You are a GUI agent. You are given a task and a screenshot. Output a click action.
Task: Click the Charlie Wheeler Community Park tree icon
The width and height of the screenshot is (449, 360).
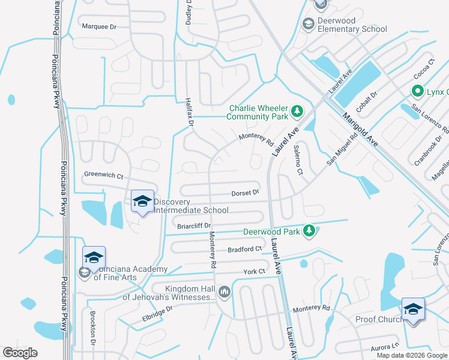pyautogui.click(x=296, y=111)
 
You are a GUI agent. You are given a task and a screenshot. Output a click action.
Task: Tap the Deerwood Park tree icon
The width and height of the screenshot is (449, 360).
pyautogui.click(x=309, y=231)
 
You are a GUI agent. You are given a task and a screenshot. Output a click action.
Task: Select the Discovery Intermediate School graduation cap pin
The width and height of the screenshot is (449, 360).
pyautogui.click(x=142, y=202)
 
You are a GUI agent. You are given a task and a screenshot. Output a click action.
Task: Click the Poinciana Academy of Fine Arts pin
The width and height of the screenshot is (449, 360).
pyautogui.click(x=94, y=258)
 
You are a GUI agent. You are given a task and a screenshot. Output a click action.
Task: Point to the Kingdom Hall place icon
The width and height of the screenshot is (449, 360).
pyautogui.click(x=224, y=292)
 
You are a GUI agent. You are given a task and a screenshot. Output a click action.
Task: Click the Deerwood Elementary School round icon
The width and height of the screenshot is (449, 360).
pyautogui.click(x=309, y=24)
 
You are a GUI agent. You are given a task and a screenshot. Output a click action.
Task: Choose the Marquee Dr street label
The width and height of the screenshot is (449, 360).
pyautogui.click(x=98, y=26)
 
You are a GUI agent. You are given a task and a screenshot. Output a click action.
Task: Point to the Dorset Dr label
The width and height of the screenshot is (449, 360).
pyautogui.click(x=245, y=193)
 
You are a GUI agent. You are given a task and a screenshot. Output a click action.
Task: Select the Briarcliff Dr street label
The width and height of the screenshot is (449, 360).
pyautogui.click(x=195, y=226)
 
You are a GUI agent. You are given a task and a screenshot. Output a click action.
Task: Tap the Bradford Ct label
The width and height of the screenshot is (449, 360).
pyautogui.click(x=245, y=248)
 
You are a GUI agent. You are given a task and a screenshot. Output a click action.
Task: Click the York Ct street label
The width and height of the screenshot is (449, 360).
pyautogui.click(x=255, y=271)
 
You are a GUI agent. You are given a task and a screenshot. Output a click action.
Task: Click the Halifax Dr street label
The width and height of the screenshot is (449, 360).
pyautogui.click(x=190, y=112)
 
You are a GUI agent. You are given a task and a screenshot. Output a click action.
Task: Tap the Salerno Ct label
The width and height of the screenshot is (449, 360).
pyautogui.click(x=298, y=160)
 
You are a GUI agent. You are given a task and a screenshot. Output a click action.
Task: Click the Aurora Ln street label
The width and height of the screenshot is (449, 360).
pyautogui.click(x=387, y=346)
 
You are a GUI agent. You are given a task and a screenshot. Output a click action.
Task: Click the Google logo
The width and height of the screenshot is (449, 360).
pyautogui.click(x=20, y=353)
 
